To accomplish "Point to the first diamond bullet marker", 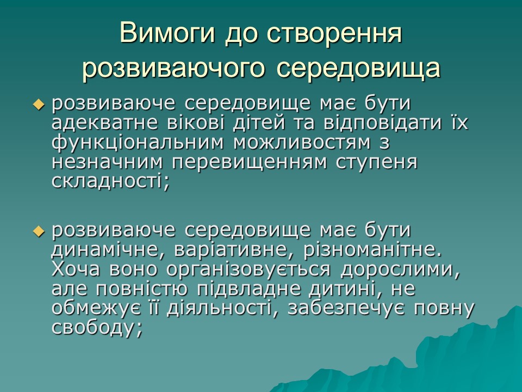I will pos(38,104).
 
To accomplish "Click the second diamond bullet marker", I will pos(38,231).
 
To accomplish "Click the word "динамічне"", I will pos(109,250).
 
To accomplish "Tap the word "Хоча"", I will pos(77,269).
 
